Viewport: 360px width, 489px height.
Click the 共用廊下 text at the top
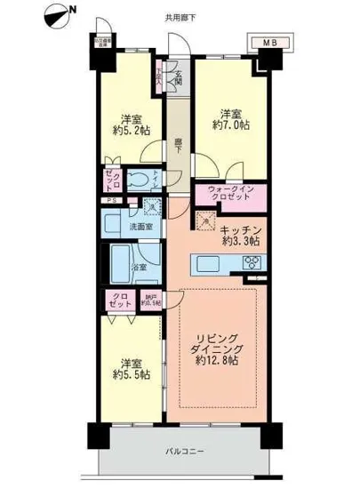181,16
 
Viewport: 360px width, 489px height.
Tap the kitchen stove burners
252,261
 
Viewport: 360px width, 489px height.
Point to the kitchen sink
202,261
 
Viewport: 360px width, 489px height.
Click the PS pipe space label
110,201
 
